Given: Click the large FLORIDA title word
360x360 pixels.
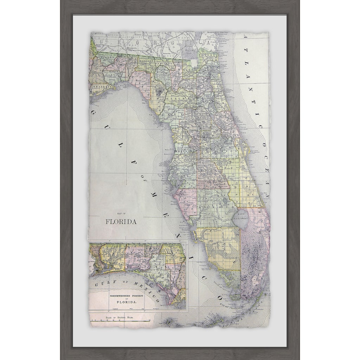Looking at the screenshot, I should (x=121, y=222).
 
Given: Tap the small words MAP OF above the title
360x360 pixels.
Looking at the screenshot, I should (x=121, y=214).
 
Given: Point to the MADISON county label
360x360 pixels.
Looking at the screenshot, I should (x=140, y=60).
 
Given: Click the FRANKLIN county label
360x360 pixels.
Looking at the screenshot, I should (x=102, y=86).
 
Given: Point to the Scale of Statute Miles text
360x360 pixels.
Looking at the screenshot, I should (x=121, y=317).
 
